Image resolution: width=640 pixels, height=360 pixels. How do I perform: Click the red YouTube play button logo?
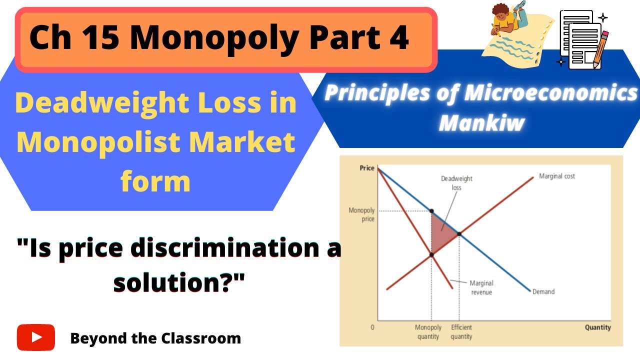pos(36,337)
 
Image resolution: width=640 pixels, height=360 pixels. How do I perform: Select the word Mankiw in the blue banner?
pos(481,122)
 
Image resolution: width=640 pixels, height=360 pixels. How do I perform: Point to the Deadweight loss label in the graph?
pos(456,183)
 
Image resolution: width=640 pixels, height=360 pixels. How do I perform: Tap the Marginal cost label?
pos(556,176)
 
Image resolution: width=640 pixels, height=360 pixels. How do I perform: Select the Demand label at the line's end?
pos(543,291)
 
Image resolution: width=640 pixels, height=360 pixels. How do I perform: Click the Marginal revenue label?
pos(481,287)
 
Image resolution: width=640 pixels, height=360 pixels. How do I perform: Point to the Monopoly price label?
pos(361,214)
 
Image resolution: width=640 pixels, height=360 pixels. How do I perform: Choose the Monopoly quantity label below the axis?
pos(428,332)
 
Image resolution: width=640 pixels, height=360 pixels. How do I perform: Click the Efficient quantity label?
pos(461,332)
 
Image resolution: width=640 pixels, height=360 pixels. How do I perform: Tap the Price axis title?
pos(367,168)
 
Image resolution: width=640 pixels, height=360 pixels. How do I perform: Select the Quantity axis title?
pos(597,327)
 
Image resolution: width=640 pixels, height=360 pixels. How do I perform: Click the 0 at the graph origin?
pos(372,327)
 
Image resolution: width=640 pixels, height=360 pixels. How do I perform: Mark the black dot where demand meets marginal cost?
pos(459,233)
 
